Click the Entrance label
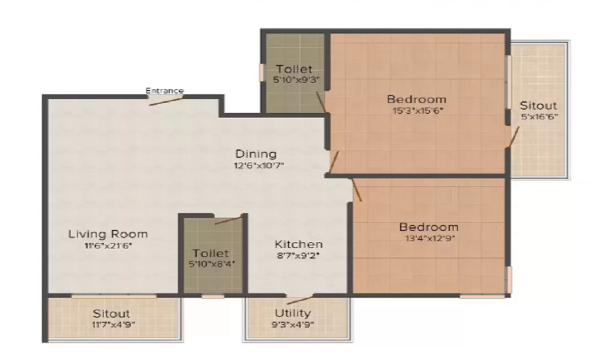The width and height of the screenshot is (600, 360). click(x=165, y=91)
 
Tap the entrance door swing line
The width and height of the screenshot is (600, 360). click(x=166, y=100)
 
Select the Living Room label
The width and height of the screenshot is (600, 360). click(x=108, y=234)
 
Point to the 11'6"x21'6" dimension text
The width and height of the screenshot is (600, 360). click(x=108, y=246)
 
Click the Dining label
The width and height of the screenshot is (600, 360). click(x=256, y=154)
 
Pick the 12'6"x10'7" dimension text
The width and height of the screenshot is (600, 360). click(x=256, y=166)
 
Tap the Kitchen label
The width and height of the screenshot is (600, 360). click(x=299, y=244)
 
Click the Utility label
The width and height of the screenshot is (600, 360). click(x=293, y=313)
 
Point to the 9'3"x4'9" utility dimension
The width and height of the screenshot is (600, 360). click(x=293, y=325)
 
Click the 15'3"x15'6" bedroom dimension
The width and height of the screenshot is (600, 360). click(x=416, y=110)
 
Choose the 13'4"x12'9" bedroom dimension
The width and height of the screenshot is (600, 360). click(x=428, y=238)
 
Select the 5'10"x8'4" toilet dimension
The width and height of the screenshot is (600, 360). click(x=211, y=264)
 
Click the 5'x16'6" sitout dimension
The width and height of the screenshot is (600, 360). click(x=538, y=116)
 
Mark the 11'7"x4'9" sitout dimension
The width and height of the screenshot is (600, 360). click(x=111, y=325)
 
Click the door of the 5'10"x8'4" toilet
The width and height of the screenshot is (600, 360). click(x=227, y=220)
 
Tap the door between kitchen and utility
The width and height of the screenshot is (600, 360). click(x=299, y=299)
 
